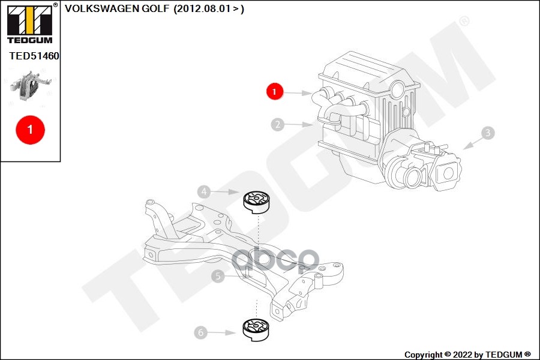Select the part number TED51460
click(x=34, y=56)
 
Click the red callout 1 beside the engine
click(x=274, y=92)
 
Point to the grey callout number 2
click(x=277, y=125)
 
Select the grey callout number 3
click(x=488, y=133)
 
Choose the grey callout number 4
click(x=204, y=192)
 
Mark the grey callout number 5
click(x=218, y=276)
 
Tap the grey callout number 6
click(x=201, y=332)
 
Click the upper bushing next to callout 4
click(x=256, y=202)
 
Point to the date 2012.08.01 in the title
click(x=203, y=8)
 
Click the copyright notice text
click(x=467, y=355)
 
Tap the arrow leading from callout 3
click(x=472, y=142)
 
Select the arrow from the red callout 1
click(x=298, y=92)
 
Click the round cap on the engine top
click(x=397, y=90)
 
